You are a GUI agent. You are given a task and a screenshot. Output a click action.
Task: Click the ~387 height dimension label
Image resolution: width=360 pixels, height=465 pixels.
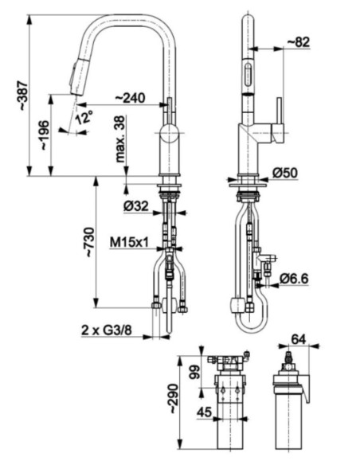point(24,96)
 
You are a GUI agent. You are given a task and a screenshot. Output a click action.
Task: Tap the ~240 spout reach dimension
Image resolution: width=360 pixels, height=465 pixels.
point(130,98)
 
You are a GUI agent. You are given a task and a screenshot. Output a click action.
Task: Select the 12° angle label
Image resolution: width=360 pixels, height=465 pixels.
point(84,117)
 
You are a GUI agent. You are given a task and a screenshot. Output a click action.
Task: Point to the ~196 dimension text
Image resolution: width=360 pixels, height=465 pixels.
point(45,135)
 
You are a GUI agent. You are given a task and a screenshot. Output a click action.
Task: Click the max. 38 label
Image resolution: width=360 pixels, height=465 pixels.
point(121,139)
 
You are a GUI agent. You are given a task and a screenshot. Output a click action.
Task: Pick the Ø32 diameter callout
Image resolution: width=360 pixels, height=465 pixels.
point(136,205)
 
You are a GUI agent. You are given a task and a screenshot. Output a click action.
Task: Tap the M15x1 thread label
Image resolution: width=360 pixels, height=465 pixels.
point(129,242)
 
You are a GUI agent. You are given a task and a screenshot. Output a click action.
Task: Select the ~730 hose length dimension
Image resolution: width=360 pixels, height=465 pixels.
point(90,242)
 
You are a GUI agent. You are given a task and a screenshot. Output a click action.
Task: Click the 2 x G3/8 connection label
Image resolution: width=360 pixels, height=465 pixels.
point(107,330)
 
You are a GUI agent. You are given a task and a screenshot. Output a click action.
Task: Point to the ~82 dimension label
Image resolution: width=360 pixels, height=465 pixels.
point(299,42)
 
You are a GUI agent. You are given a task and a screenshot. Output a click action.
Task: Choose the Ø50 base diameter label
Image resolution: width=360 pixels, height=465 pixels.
point(285,173)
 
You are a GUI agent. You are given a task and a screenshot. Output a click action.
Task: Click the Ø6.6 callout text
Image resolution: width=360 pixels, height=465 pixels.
point(294,279)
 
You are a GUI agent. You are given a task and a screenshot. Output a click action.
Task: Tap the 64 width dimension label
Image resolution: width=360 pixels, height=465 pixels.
point(299,339)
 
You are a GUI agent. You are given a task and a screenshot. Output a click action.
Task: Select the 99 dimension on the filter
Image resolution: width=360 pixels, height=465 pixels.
point(194,372)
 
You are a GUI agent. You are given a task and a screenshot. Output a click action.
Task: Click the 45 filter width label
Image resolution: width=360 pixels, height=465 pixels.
point(205,412)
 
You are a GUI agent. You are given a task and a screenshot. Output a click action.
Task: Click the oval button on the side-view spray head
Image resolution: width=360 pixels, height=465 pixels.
point(248,75)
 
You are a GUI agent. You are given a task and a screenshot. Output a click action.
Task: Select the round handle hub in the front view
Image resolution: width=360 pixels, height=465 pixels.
point(169,134)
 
